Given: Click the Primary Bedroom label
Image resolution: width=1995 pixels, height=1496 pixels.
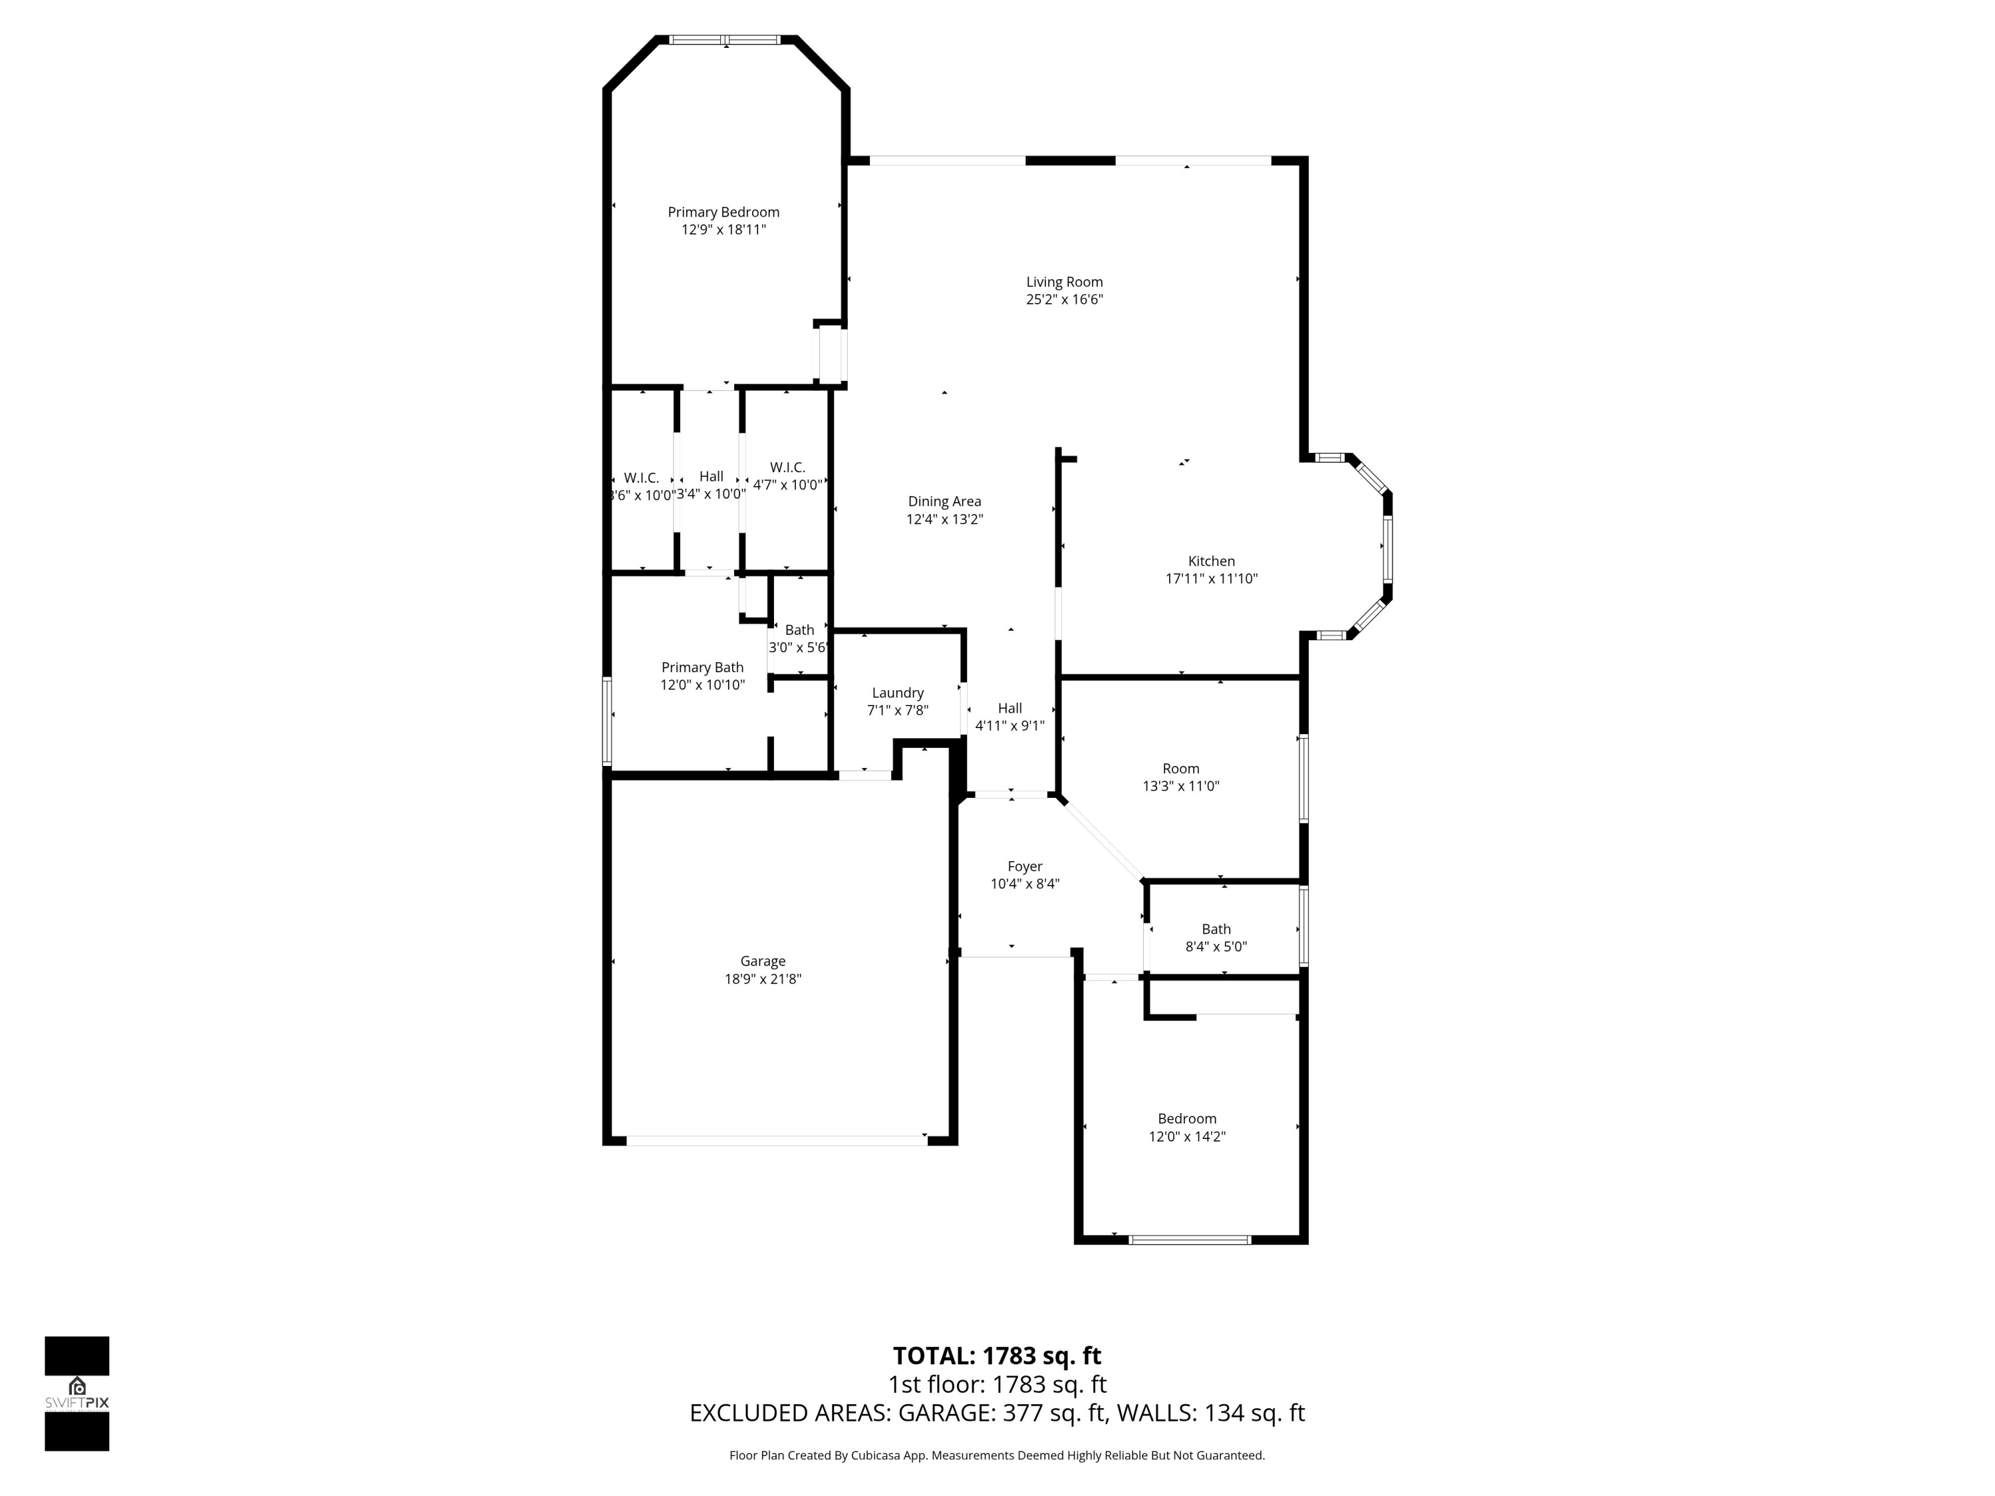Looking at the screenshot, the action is (x=724, y=212).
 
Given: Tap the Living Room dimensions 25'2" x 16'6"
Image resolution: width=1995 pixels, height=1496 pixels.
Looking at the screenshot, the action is (x=1064, y=299).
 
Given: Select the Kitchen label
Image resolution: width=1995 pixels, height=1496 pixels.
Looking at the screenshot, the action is (x=1211, y=561).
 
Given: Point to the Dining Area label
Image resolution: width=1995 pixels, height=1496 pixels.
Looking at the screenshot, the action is (x=944, y=501).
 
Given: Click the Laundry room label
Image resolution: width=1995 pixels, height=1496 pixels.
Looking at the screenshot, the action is (x=897, y=693).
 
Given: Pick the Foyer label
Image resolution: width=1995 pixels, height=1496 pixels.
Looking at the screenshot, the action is (x=1025, y=866).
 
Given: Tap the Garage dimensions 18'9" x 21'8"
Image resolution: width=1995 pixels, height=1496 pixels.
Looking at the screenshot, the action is (x=763, y=979).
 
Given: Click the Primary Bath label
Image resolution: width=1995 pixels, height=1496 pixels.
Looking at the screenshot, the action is (x=703, y=668).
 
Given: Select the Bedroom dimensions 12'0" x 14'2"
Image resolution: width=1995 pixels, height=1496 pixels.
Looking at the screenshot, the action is (x=1187, y=1137).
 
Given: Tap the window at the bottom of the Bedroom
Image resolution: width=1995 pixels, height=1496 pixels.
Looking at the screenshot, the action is (x=1190, y=1240).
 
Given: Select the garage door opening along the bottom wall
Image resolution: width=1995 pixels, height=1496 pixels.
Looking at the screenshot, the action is (x=777, y=1141).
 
